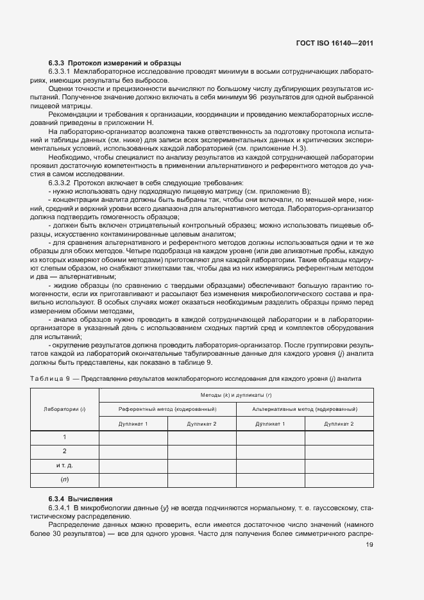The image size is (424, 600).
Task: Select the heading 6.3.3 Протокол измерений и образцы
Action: [115, 63]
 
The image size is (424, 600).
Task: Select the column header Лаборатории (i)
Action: [64, 408]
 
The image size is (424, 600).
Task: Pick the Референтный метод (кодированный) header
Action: [167, 408]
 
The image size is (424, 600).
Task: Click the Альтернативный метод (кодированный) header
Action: [305, 408]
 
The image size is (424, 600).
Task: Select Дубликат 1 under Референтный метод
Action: [133, 424]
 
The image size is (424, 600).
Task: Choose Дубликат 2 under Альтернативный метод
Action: [339, 424]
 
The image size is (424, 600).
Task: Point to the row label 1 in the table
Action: [65, 437]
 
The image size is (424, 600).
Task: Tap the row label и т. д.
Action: [65, 465]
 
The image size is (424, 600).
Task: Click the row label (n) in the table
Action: [65, 479]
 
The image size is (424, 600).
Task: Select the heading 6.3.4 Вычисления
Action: [80, 499]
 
